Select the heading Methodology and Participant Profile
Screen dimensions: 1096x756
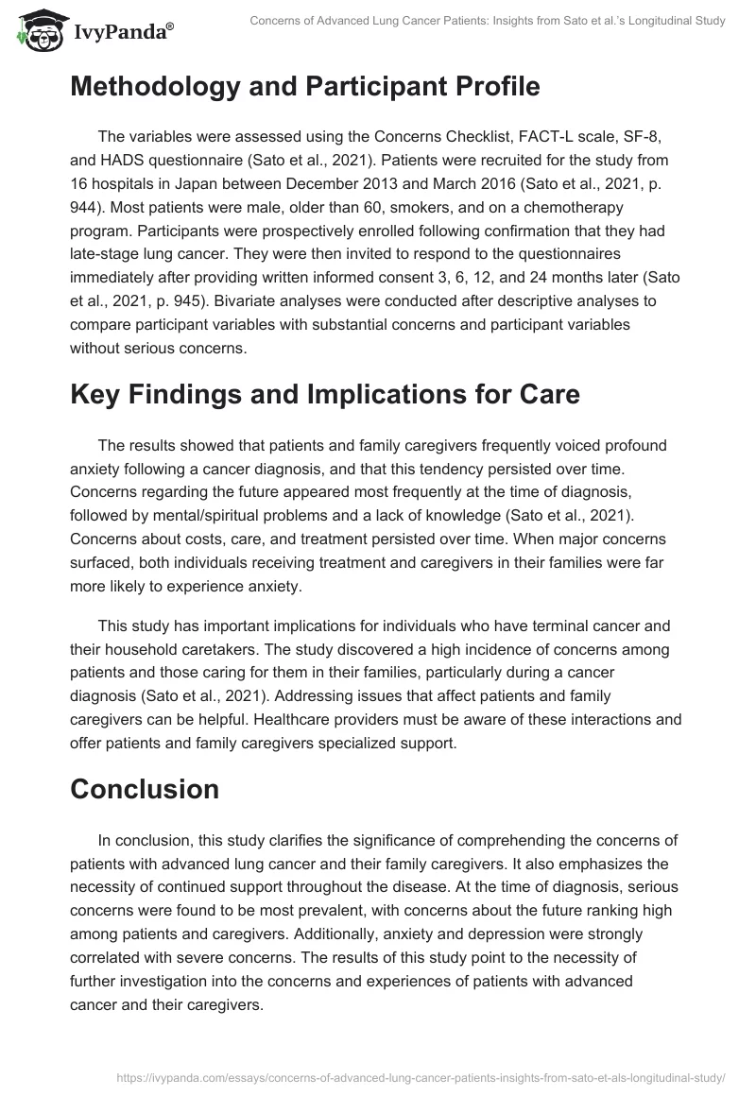(x=304, y=86)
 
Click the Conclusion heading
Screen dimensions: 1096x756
(x=145, y=789)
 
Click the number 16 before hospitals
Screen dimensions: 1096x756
(x=80, y=185)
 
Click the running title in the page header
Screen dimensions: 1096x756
(x=487, y=21)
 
